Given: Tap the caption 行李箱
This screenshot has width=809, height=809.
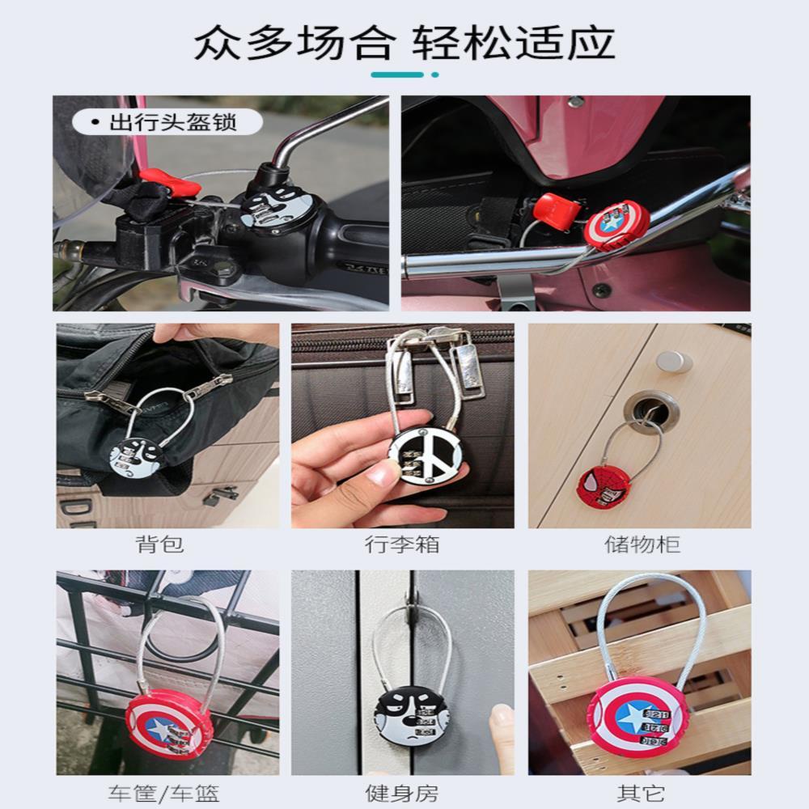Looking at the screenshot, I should pos(402,544).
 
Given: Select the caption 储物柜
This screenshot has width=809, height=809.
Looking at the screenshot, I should pos(642,544).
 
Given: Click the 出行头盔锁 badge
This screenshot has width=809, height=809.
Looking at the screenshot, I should pos(165,123).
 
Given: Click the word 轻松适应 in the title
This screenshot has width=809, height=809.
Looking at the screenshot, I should pos(515,44).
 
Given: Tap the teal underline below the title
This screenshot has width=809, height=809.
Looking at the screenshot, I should pos(398,74).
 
